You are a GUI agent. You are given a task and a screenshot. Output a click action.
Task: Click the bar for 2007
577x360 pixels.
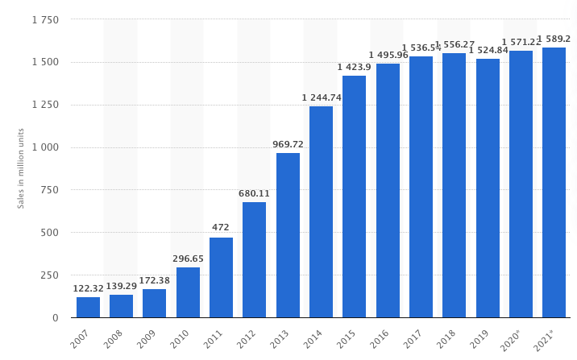[x=88, y=308]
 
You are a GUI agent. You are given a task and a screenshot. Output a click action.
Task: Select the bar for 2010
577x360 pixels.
[x=188, y=292]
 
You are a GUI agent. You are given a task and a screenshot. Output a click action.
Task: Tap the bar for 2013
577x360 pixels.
[x=288, y=235]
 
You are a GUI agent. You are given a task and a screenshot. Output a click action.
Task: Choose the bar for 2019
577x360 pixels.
[x=488, y=188]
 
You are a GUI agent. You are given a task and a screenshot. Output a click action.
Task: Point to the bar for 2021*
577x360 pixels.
[x=554, y=183]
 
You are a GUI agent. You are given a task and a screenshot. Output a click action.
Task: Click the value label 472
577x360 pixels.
[x=221, y=228]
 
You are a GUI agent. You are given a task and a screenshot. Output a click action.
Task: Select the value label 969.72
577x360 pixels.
[x=288, y=144]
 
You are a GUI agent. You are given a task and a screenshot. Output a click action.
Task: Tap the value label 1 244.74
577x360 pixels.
[x=322, y=97]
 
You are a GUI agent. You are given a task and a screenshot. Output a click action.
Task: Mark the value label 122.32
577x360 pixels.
[x=88, y=288]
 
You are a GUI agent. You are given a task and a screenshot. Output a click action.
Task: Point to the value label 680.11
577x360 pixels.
[x=255, y=193]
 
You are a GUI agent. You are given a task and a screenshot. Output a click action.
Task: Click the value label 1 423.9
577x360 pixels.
[x=355, y=67]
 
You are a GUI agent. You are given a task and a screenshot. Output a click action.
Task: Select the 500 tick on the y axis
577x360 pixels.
[x=49, y=233]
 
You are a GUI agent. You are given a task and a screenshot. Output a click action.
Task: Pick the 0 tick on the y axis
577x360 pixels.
[x=55, y=317]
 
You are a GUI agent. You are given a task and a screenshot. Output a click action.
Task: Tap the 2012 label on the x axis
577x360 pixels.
[x=245, y=339]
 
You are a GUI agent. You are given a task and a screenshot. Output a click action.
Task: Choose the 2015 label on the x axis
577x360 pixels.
[x=345, y=339]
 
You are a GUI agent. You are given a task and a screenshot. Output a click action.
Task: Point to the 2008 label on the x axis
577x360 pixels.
[x=112, y=339]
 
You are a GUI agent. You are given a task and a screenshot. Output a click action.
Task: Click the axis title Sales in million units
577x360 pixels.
[x=21, y=168]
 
